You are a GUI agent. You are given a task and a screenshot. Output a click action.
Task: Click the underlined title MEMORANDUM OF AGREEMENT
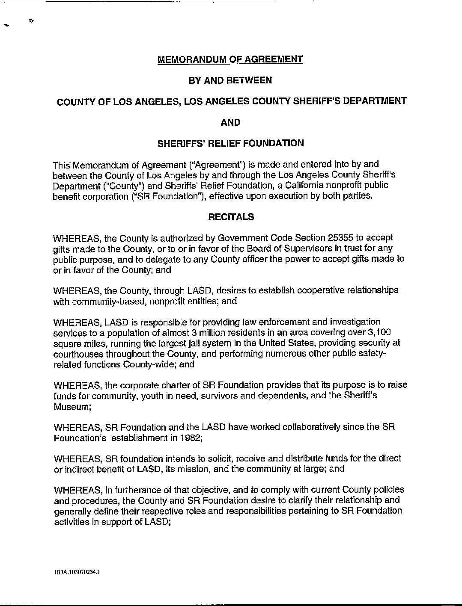[x=230, y=59]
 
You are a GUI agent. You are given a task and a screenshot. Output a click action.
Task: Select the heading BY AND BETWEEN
[x=230, y=80]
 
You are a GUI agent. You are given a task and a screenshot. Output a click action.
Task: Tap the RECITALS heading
[x=231, y=217]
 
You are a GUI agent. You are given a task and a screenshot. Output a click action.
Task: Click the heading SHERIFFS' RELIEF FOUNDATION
[x=231, y=143]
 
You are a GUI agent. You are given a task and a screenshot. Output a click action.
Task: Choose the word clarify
[x=314, y=500]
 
